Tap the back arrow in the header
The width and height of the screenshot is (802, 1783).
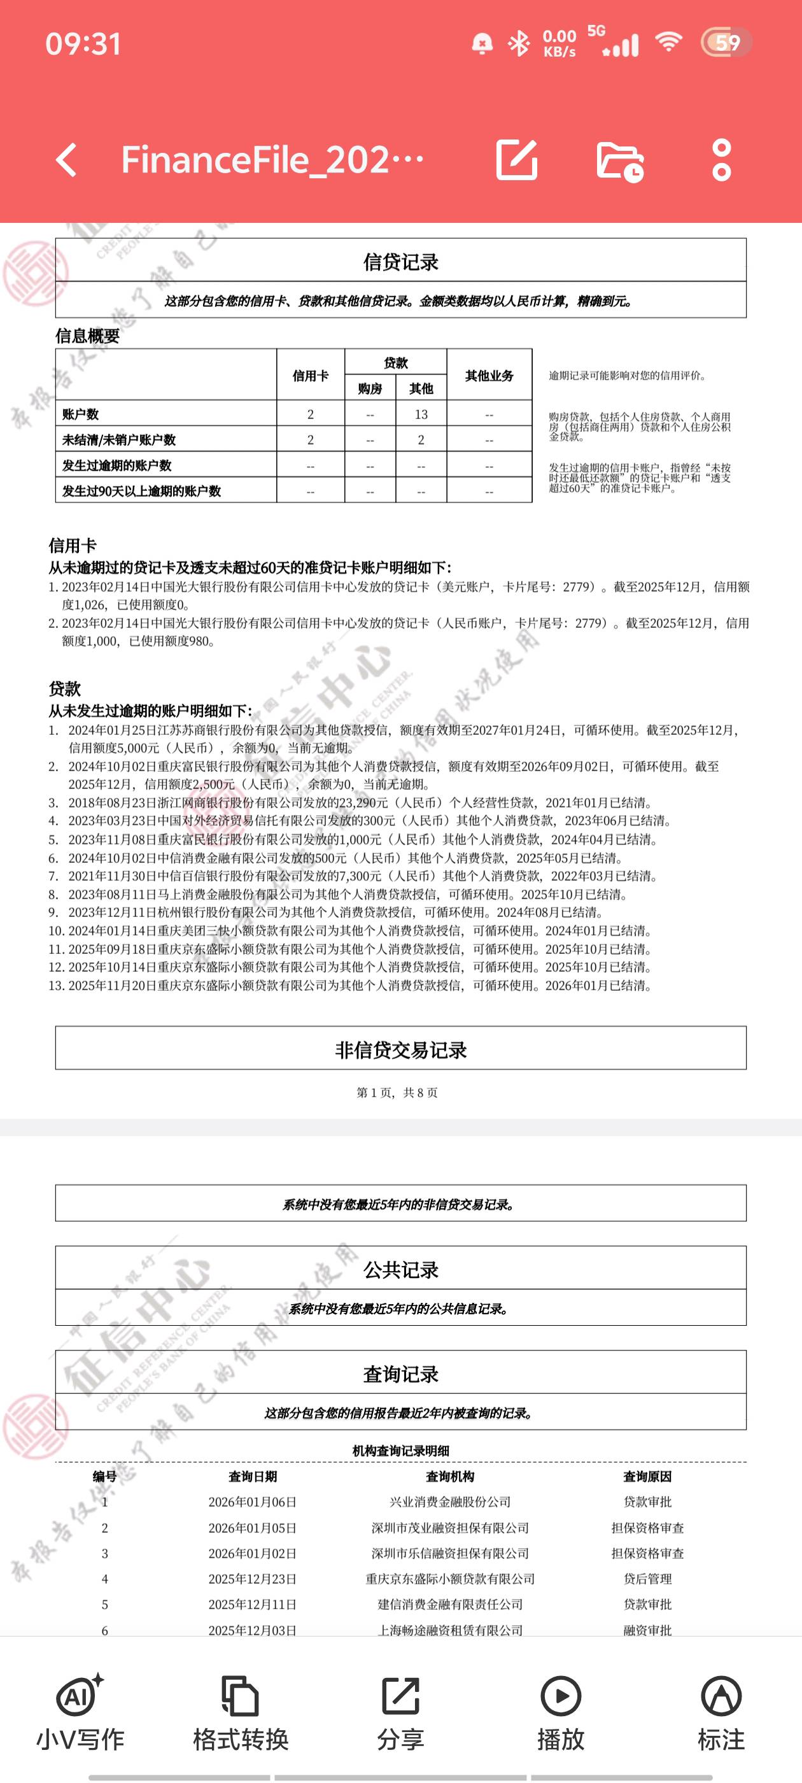67,160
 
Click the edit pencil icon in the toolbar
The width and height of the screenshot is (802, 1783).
517,160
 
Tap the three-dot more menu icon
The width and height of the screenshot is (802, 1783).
721,160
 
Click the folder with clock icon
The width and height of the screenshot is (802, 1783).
620,161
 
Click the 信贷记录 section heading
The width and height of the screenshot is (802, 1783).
400,262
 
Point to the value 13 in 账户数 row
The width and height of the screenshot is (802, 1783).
421,414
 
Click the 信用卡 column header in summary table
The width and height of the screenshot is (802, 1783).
310,375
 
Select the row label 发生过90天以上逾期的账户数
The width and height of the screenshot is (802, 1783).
141,491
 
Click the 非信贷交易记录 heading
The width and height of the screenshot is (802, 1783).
400,1050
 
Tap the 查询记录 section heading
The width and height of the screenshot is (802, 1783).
400,1374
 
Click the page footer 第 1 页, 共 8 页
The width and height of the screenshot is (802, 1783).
397,1092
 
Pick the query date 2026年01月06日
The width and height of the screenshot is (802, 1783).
252,1502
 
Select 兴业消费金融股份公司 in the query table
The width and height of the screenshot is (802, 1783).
450,1502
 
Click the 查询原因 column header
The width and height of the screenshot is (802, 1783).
647,1476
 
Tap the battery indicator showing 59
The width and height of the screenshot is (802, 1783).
726,43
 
